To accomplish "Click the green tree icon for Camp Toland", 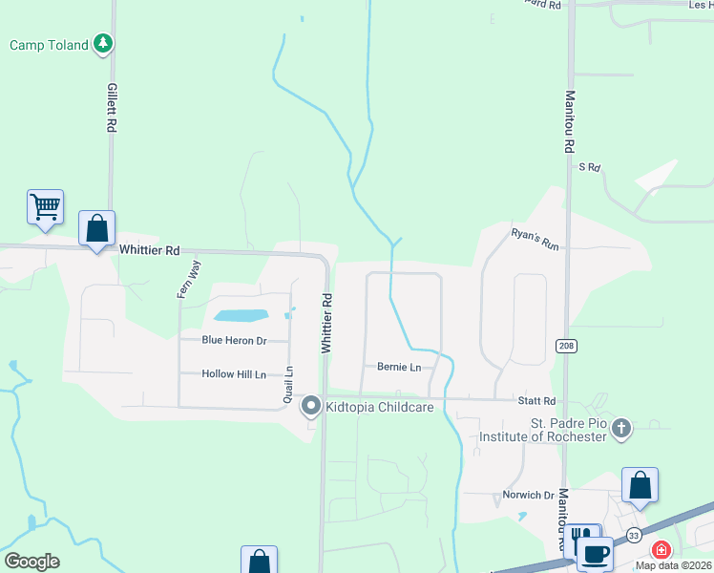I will click(x=104, y=44).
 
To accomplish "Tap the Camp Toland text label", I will click(x=50, y=45).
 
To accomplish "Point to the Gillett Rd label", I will click(x=112, y=106).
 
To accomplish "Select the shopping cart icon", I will click(x=46, y=206).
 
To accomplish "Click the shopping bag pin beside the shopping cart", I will click(x=96, y=228).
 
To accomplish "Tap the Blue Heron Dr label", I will click(x=233, y=340).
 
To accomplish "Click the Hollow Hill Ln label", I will click(x=234, y=374).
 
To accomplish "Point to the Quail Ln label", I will click(x=287, y=385).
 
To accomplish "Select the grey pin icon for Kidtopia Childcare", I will click(x=310, y=407).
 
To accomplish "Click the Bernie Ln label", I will click(x=399, y=367).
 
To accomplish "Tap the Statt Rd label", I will click(x=536, y=402).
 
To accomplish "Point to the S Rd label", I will click(x=589, y=167).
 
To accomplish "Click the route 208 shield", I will click(x=564, y=345).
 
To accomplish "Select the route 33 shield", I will click(x=635, y=536).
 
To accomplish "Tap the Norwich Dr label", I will click(x=529, y=496).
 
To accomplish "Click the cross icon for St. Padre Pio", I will click(x=621, y=428).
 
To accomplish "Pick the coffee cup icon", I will click(x=595, y=553).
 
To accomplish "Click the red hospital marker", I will click(x=661, y=550).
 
